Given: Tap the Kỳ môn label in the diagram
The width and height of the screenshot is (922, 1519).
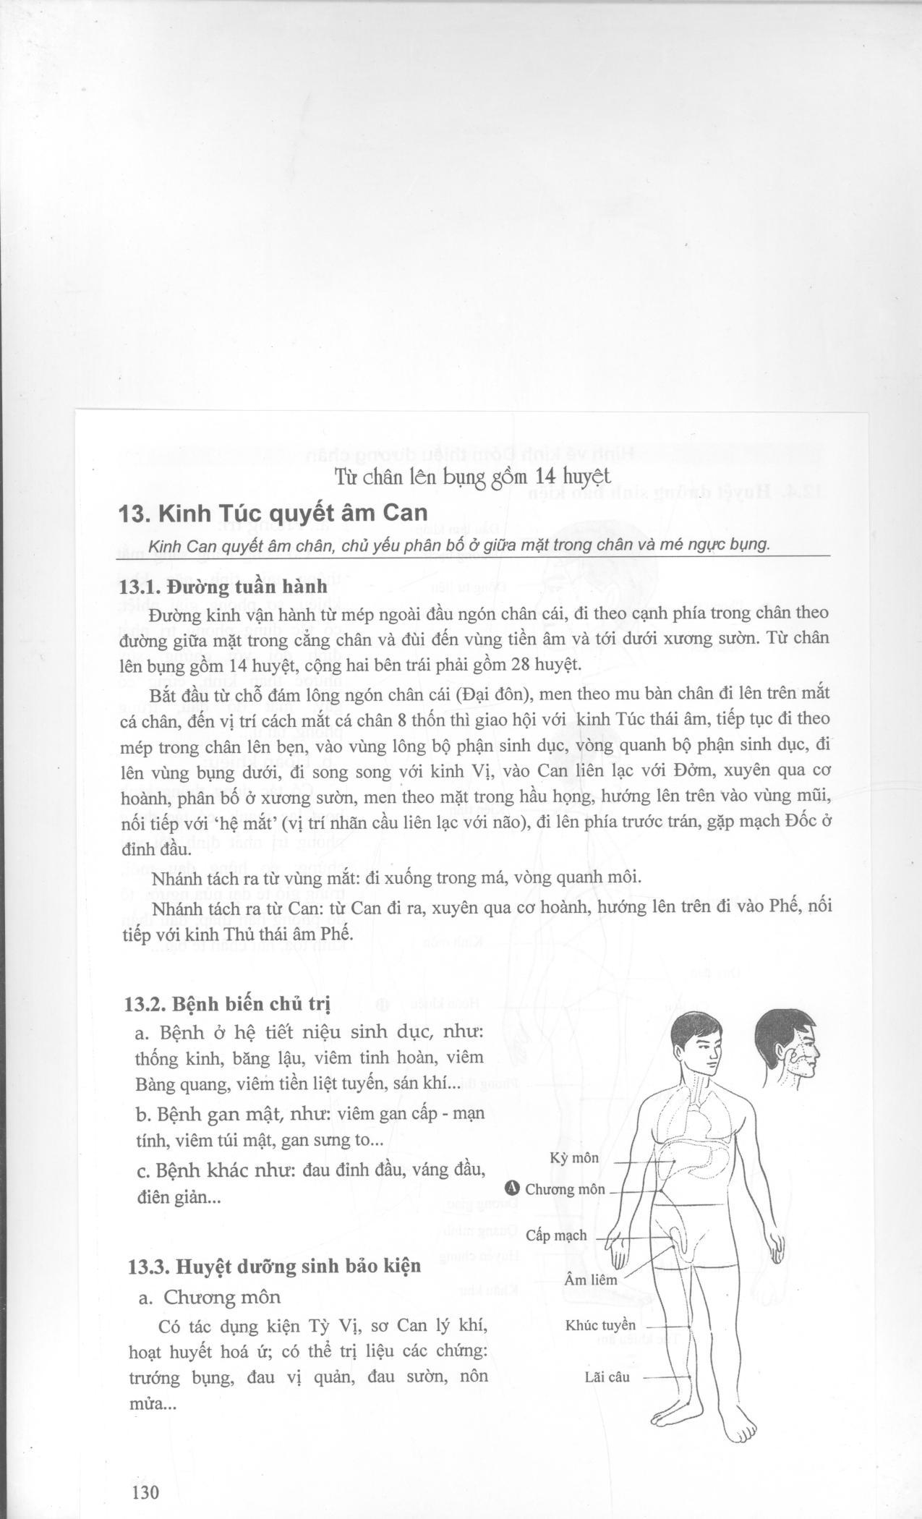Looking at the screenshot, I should pos(574,1158).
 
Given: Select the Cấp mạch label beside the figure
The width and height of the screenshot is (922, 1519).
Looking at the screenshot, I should pos(556,1235).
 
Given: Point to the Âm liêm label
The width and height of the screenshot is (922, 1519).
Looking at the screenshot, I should pos(591,1280).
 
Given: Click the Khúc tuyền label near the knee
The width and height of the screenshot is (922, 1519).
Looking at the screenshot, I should pos(600,1325).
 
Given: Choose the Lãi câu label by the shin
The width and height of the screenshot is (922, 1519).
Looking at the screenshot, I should pos(607,1377).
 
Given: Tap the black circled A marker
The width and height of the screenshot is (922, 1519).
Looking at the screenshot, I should pos(513,1188).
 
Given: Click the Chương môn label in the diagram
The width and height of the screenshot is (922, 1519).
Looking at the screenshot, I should pos(565,1189).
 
